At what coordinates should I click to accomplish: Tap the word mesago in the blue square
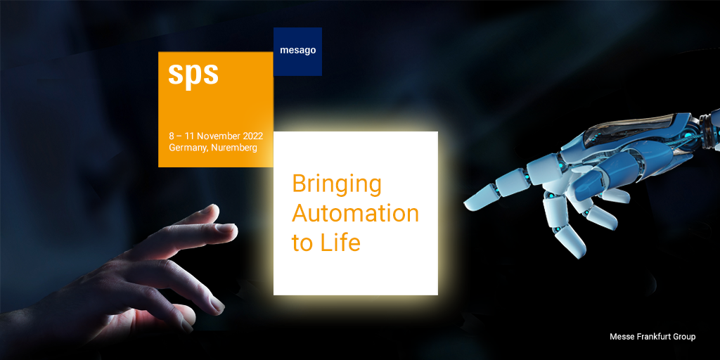[x=298, y=51]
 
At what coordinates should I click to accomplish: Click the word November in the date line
[x=219, y=136]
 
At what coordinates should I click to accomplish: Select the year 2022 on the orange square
[x=252, y=136]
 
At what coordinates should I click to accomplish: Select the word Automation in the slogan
[x=355, y=214]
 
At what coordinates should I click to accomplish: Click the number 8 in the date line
[x=172, y=136]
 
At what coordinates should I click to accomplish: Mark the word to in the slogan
[x=302, y=243]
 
